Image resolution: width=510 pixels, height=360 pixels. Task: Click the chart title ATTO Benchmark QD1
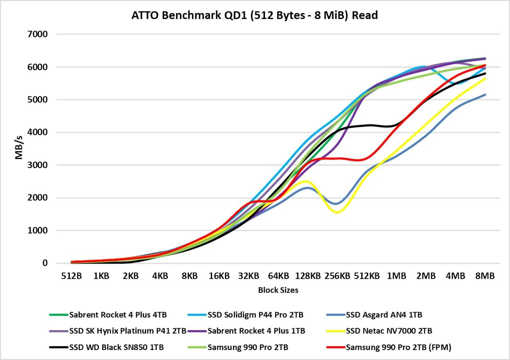pos(255,16)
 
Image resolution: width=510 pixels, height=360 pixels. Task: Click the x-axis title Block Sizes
pos(278,290)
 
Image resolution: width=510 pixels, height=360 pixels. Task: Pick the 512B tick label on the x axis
pos(71,276)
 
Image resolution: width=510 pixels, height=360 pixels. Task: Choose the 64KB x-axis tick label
pos(278,276)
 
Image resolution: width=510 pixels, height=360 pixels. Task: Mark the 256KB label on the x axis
pos(337,276)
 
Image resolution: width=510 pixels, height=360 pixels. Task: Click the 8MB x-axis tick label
pos(485,276)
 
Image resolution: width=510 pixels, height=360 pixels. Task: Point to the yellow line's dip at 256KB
pos(337,212)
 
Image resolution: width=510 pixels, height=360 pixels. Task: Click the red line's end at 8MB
pos(485,65)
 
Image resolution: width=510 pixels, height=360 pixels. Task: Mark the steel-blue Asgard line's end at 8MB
pos(485,94)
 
